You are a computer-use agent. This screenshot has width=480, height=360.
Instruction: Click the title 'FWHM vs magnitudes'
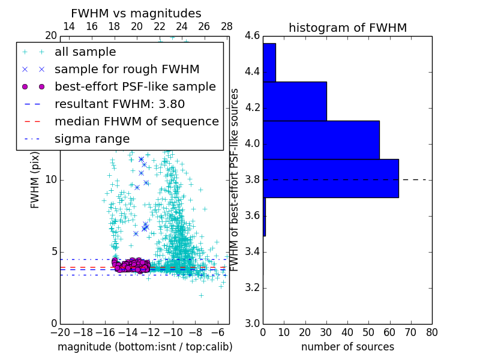136,14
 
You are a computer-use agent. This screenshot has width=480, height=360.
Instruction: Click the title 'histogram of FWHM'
347,28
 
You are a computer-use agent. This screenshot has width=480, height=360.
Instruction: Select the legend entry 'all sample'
85,52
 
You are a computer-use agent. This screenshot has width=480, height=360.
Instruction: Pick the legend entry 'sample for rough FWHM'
127,70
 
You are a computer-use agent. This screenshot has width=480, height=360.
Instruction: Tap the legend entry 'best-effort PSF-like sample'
135,87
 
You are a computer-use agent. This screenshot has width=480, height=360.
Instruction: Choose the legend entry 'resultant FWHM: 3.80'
119,104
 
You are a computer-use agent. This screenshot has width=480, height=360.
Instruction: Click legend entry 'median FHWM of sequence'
136,122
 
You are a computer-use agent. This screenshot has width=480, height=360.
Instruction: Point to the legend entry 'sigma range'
92,139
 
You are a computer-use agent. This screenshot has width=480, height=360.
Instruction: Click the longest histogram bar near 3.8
331,178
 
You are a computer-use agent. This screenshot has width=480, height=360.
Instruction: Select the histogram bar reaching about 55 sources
321,140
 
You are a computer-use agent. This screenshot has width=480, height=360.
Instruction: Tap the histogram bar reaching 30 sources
295,101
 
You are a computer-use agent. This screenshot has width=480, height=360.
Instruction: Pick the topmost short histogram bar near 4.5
269,62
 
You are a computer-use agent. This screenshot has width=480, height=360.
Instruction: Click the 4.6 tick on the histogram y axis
252,36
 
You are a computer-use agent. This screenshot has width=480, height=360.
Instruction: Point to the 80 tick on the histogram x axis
431,331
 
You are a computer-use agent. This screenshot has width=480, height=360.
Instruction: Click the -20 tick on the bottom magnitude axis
60,331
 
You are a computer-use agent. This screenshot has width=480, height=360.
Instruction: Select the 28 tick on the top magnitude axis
227,26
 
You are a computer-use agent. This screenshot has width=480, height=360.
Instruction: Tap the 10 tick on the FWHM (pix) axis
51,180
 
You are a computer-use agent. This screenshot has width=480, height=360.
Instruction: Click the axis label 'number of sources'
347,347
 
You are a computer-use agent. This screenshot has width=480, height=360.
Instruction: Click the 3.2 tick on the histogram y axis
252,287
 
